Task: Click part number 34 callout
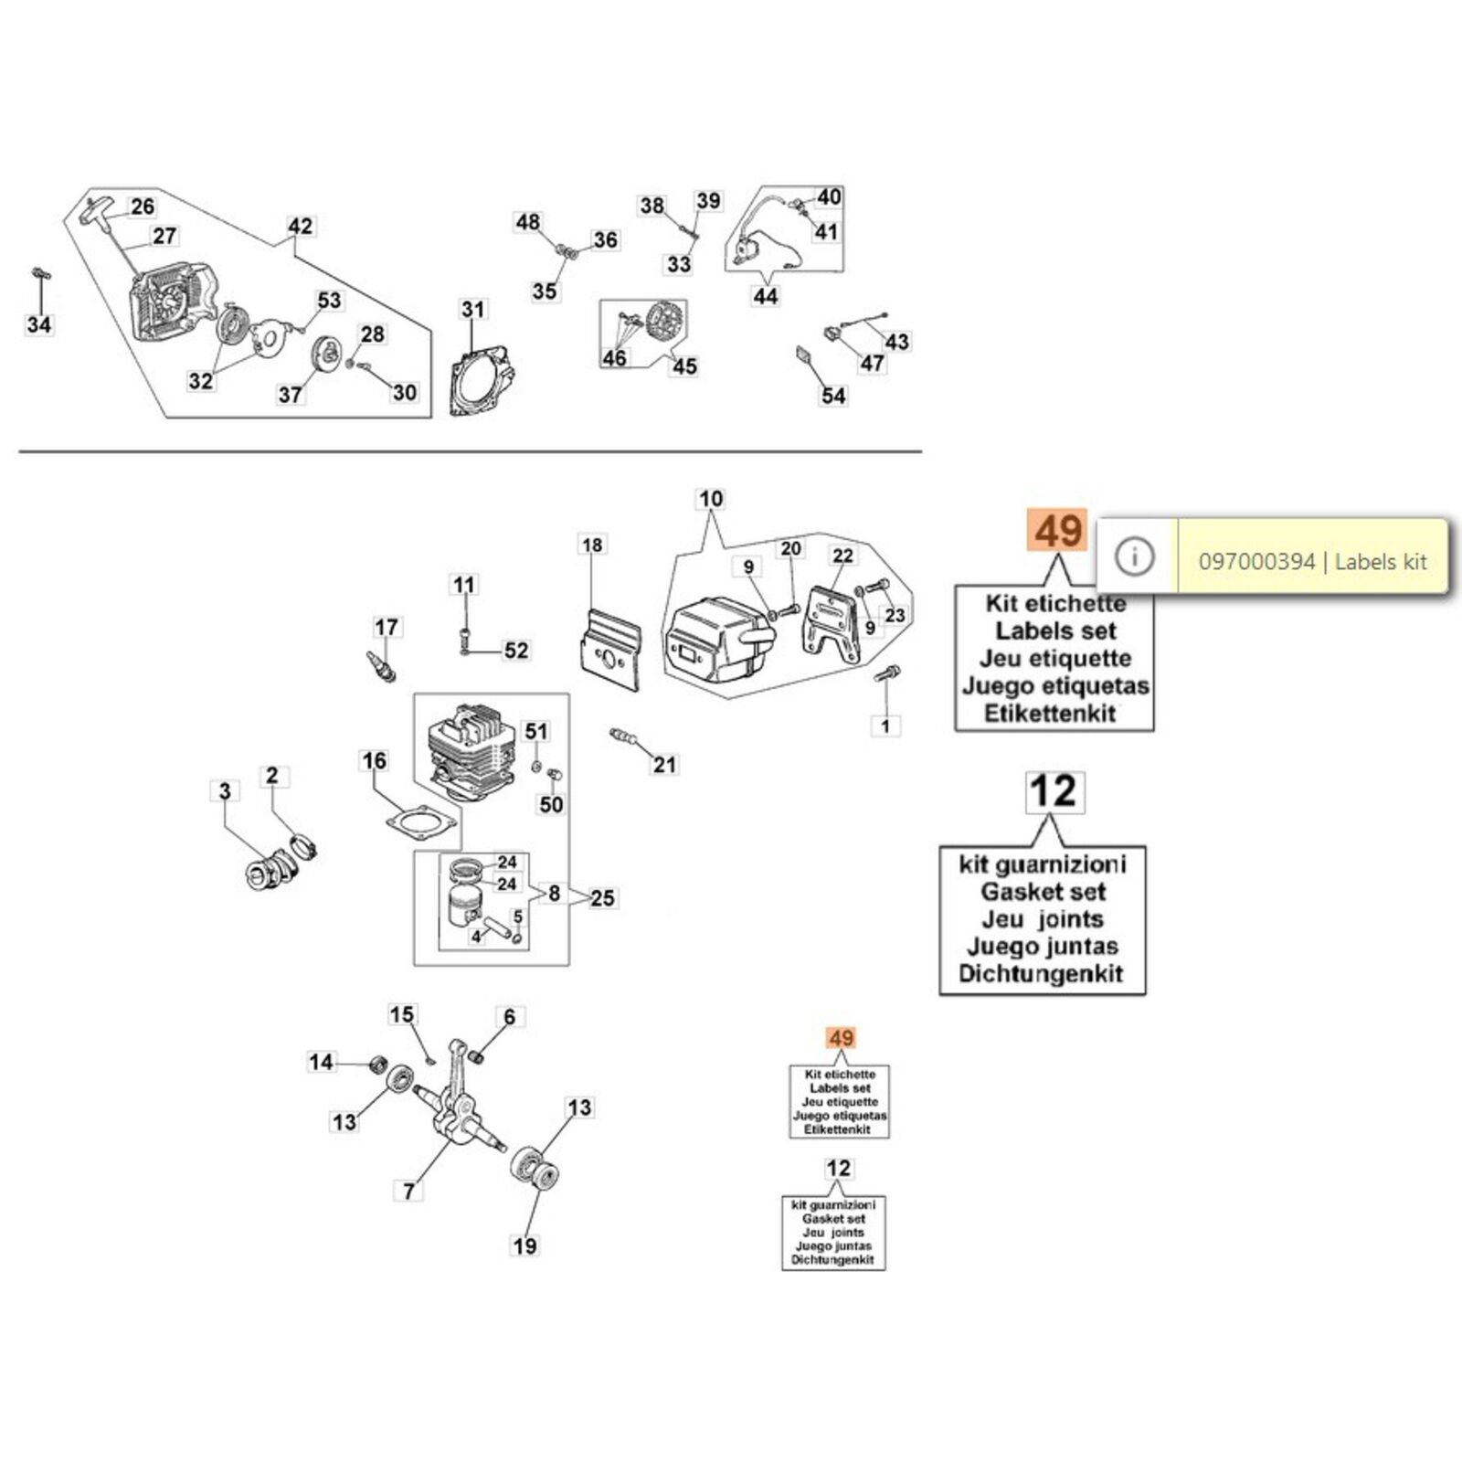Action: pyautogui.click(x=39, y=324)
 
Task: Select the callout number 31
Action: pyautogui.click(x=472, y=310)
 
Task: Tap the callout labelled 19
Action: pyautogui.click(x=524, y=1245)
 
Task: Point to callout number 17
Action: pyautogui.click(x=387, y=627)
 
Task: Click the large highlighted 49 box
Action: pyautogui.click(x=1058, y=531)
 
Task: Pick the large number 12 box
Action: pyautogui.click(x=1054, y=791)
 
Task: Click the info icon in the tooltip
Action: pyautogui.click(x=1135, y=556)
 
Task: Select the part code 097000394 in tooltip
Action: pyautogui.click(x=1255, y=561)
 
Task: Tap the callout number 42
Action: pyautogui.click(x=300, y=226)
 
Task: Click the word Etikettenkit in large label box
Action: pyautogui.click(x=1050, y=714)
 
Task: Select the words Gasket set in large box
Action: pyautogui.click(x=1044, y=892)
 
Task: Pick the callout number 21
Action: pyautogui.click(x=664, y=764)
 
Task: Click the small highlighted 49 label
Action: pyautogui.click(x=841, y=1038)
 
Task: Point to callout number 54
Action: pyautogui.click(x=833, y=396)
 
